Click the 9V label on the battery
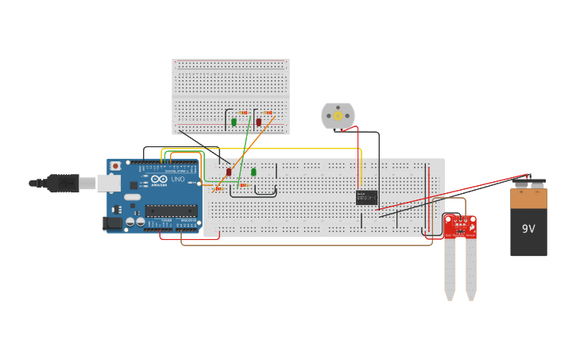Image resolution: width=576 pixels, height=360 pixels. click(528, 229)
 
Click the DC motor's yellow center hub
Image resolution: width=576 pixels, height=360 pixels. click(338, 116)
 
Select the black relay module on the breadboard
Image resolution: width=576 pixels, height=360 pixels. click(366, 197)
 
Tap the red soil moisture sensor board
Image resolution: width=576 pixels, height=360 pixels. click(460, 226)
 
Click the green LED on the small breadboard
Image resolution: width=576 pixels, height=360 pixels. click(234, 122)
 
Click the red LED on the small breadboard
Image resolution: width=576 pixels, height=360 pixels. click(258, 122)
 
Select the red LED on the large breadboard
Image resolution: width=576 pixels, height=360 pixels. click(229, 172)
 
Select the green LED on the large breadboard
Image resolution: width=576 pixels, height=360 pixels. click(253, 172)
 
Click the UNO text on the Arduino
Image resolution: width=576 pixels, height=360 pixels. click(178, 180)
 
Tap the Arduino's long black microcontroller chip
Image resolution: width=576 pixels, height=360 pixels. click(171, 211)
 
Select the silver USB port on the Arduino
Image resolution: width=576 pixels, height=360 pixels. click(109, 184)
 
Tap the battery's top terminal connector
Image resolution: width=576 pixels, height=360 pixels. click(528, 183)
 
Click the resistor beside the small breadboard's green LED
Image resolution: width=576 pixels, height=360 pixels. click(243, 113)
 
